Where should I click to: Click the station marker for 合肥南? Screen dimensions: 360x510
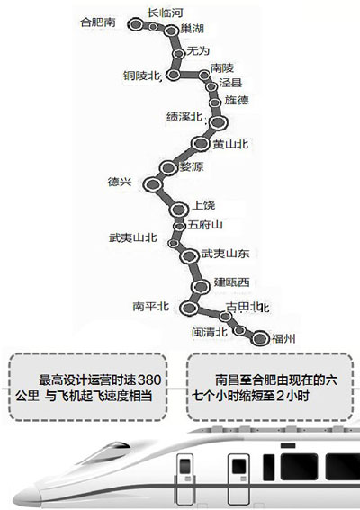pyautogui.click(x=136, y=24)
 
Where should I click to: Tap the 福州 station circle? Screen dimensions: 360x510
pyautogui.click(x=260, y=338)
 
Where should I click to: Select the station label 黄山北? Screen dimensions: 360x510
pyautogui.click(x=230, y=144)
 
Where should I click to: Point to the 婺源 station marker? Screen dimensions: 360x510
pyautogui.click(x=168, y=167)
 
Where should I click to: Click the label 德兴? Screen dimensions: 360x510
pyautogui.click(x=120, y=182)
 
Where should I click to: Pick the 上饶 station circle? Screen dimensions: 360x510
pyautogui.click(x=179, y=210)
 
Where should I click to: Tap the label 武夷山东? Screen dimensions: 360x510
pyautogui.click(x=225, y=254)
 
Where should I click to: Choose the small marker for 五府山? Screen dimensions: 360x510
pyautogui.click(x=179, y=226)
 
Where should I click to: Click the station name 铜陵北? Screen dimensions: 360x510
pyautogui.click(x=141, y=76)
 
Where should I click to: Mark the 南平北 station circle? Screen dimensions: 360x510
pyautogui.click(x=189, y=308)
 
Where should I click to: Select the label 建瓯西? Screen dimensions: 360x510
pyautogui.click(x=232, y=282)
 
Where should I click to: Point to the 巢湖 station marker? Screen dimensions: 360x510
pyautogui.click(x=170, y=31)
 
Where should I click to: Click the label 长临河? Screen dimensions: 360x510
pyautogui.click(x=166, y=13)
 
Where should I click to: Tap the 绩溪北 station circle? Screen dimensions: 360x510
pyautogui.click(x=218, y=122)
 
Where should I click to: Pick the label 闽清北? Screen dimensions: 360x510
pyautogui.click(x=210, y=332)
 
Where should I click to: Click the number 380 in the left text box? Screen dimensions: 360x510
pyautogui.click(x=149, y=380)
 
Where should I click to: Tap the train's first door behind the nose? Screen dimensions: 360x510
pyautogui.click(x=184, y=479)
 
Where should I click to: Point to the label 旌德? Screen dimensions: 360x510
pyautogui.click(x=237, y=100)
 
